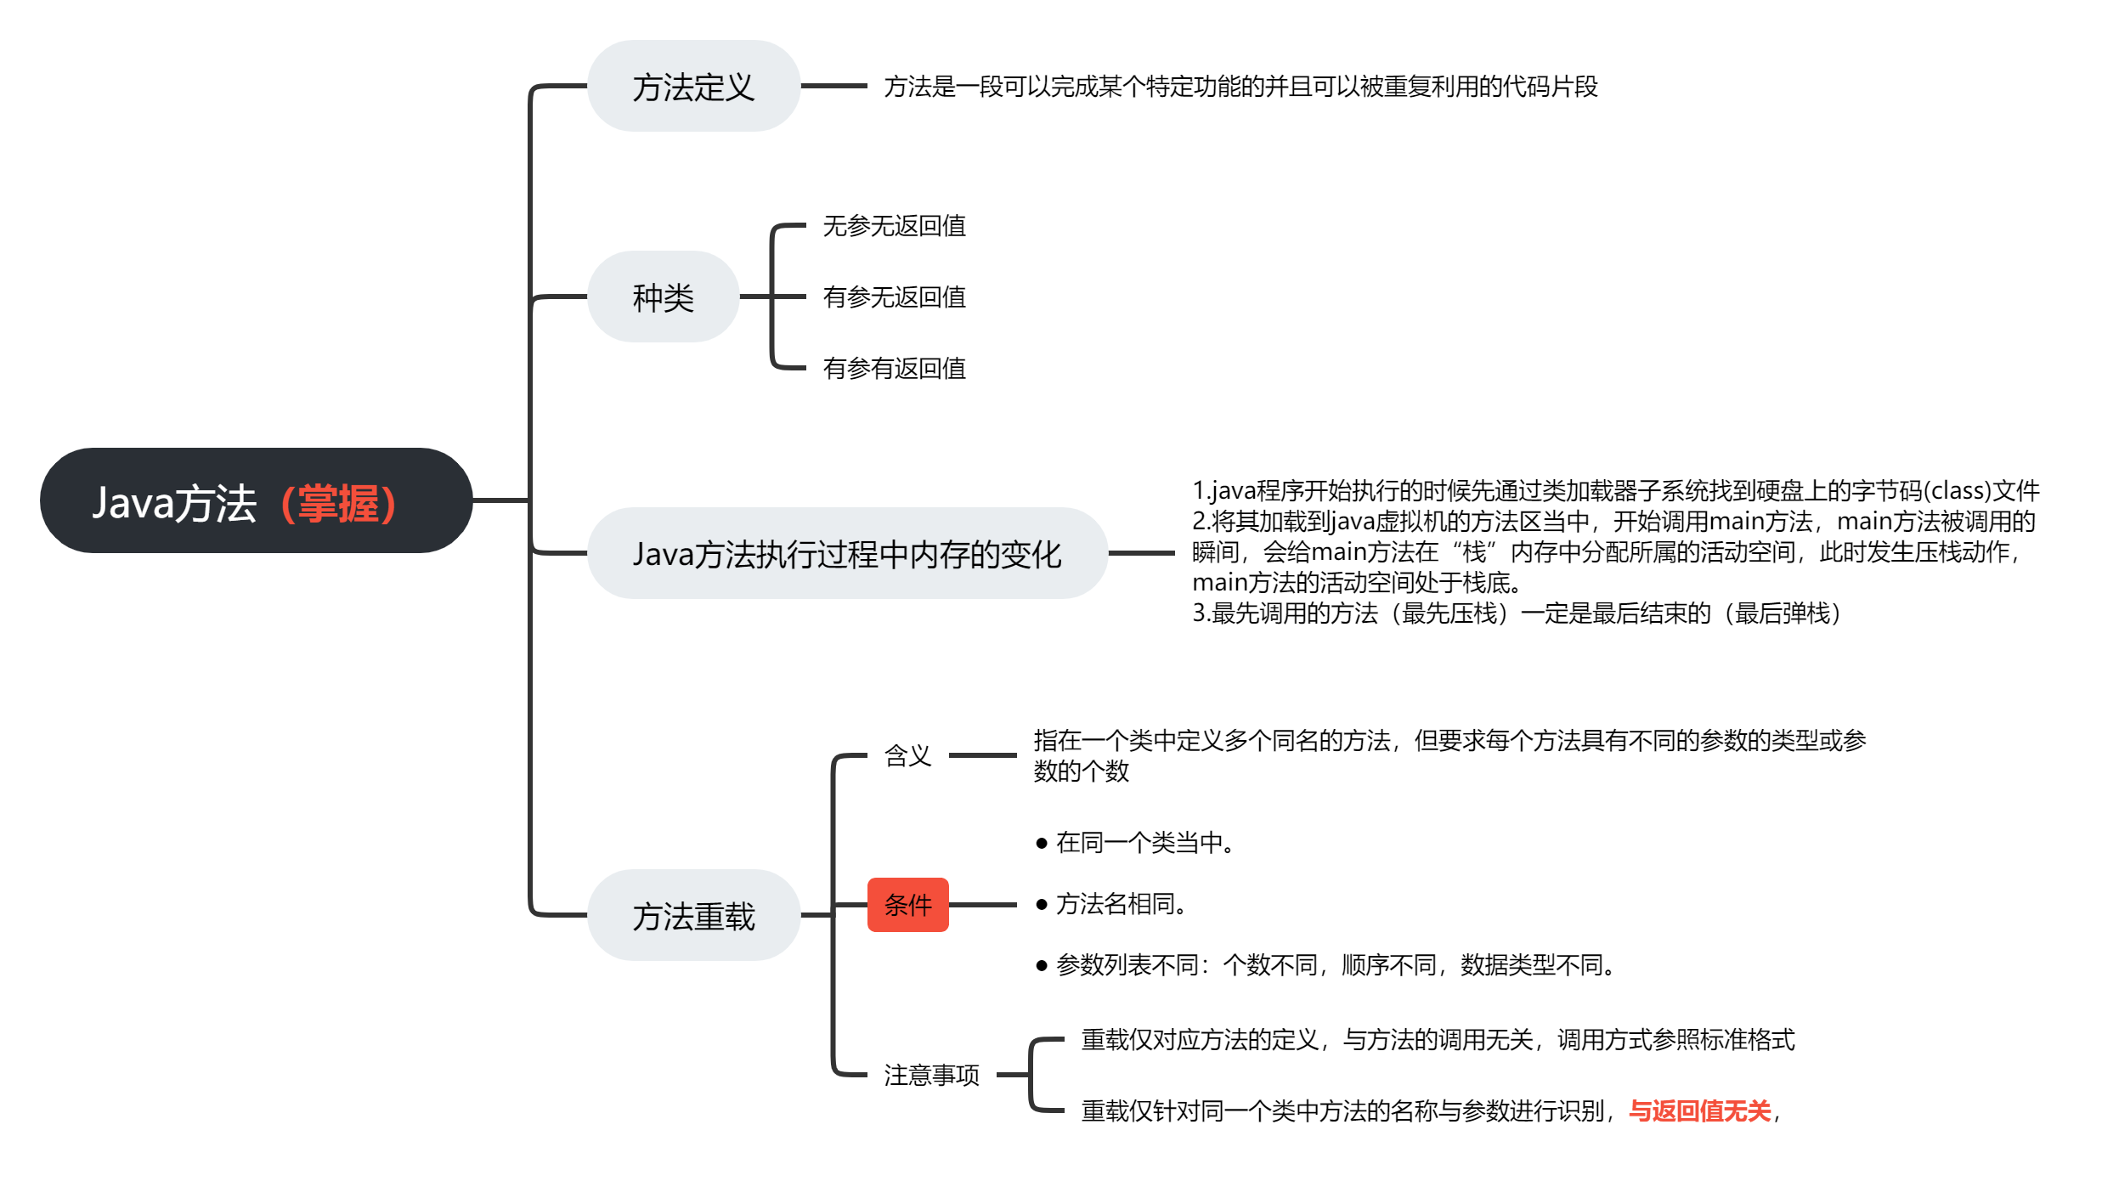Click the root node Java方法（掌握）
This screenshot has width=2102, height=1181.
coord(255,501)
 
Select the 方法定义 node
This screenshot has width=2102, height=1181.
coord(693,87)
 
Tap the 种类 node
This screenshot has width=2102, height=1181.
coord(663,297)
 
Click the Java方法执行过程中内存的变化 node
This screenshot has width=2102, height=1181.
coord(846,554)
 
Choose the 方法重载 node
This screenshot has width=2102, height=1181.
coord(693,916)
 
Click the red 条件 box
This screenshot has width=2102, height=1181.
coord(907,905)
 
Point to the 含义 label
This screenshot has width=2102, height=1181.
coord(907,755)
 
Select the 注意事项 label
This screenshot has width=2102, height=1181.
coord(931,1075)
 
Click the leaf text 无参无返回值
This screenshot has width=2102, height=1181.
coord(894,226)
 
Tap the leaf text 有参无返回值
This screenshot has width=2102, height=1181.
coord(894,297)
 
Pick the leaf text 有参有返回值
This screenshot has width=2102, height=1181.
coord(894,369)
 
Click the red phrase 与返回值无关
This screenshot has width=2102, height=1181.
coord(1699,1110)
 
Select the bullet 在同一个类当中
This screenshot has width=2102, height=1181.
coord(1144,843)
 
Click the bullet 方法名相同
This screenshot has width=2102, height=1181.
coord(1120,904)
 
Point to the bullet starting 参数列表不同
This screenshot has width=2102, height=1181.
coord(1334,965)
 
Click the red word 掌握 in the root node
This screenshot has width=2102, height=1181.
coord(338,503)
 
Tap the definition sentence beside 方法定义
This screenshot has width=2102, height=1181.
coord(1240,87)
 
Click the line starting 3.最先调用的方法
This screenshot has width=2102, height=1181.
coord(1516,613)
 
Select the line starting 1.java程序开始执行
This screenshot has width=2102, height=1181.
coord(1614,491)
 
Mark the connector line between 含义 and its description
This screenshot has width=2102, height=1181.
coord(982,754)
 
